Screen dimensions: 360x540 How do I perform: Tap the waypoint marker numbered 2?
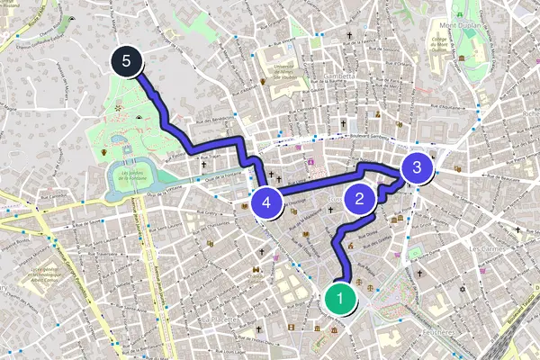[360, 200]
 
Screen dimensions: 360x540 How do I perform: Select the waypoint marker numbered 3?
[416, 167]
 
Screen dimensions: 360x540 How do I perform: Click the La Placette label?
[219, 319]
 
